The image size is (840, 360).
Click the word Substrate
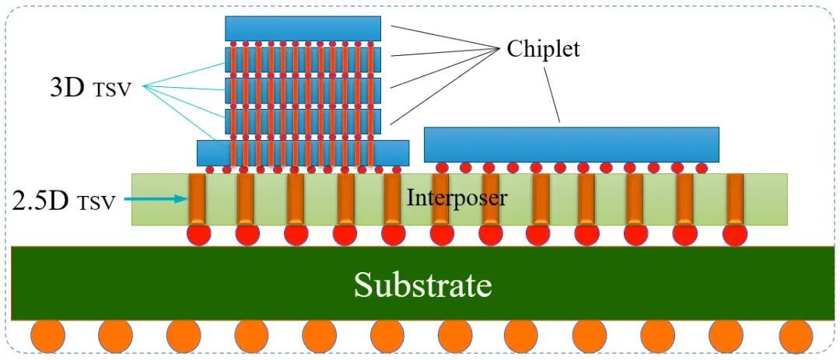pos(423,285)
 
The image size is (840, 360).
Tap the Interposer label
pos(457,197)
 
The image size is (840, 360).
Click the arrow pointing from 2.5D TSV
pos(156,200)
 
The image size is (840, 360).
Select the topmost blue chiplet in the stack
pos(303,28)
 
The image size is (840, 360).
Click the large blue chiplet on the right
pos(571,144)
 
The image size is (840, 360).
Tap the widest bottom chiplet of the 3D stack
pos(303,152)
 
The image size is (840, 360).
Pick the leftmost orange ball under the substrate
pos(47,335)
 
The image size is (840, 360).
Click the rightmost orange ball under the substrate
pos(795,335)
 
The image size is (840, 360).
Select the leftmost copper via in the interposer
pos(198,199)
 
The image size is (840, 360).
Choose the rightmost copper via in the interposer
pos(734,199)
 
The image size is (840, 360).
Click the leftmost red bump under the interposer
pos(198,233)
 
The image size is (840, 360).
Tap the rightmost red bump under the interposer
pos(734,233)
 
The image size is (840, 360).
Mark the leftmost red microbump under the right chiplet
pos(442,167)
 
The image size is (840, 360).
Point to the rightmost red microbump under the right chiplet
pos(702,167)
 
